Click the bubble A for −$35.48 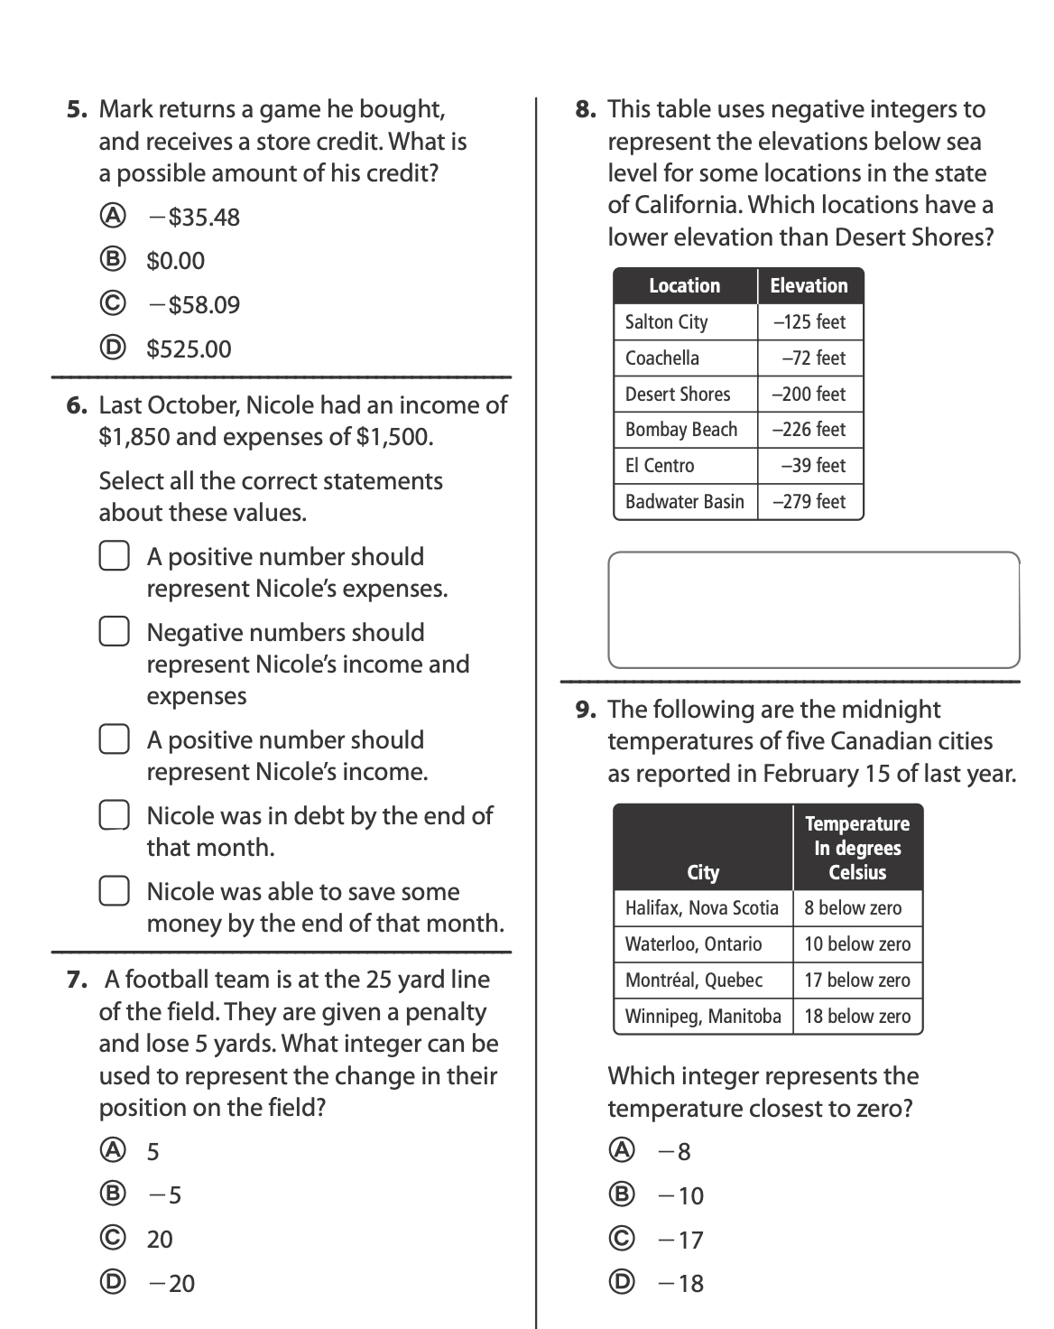111,217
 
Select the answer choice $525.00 111,349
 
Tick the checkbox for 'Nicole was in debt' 114,815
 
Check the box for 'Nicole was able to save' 114,891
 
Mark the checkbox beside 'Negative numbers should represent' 114,632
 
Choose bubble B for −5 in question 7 111,1194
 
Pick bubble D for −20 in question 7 111,1283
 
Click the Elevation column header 809,286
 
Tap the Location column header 685,286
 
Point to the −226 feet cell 809,430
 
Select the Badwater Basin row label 685,502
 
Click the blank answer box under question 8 813,609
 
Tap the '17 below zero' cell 857,980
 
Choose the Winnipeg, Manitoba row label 703,1017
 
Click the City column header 703,872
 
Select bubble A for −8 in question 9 621,1150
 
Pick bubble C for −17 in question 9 621,1239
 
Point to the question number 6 77,405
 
